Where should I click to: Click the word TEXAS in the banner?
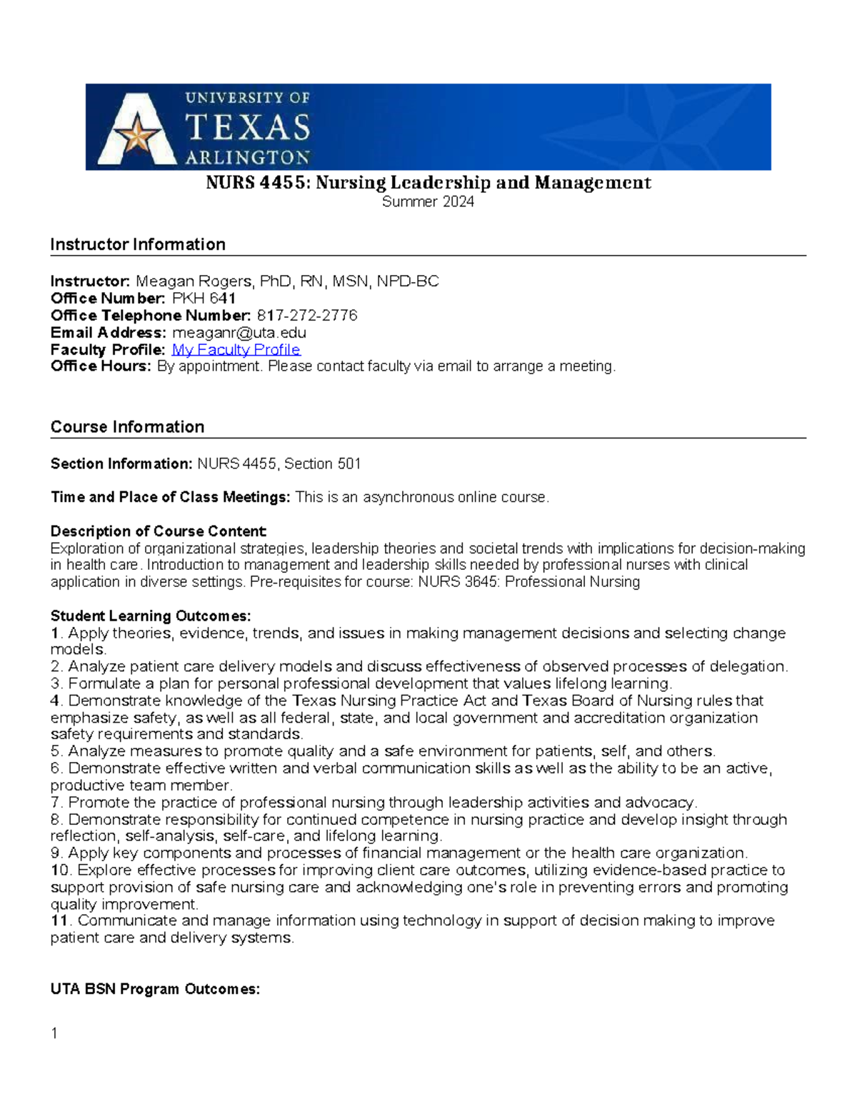click(x=248, y=128)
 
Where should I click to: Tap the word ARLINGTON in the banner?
click(x=248, y=157)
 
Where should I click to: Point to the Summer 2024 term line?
click(x=428, y=202)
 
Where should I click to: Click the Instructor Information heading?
click(x=138, y=245)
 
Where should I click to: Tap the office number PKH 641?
click(x=204, y=298)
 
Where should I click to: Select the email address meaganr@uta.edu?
click(x=239, y=333)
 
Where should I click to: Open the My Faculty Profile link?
click(x=236, y=350)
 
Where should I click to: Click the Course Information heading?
click(x=127, y=427)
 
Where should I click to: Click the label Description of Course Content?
click(x=158, y=531)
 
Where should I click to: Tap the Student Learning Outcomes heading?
click(x=151, y=616)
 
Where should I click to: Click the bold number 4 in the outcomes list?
click(x=54, y=701)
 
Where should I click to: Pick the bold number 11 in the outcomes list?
click(x=59, y=921)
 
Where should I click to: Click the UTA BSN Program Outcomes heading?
click(x=155, y=990)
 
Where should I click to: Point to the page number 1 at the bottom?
click(x=54, y=1033)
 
